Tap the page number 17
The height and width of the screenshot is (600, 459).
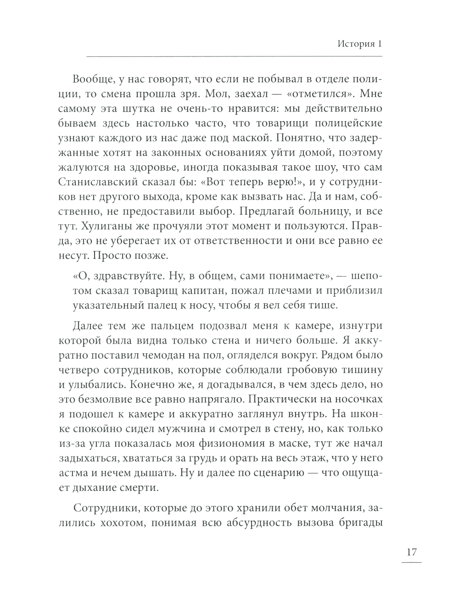pyautogui.click(x=412, y=552)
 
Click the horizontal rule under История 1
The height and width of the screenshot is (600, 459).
pyautogui.click(x=234, y=56)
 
